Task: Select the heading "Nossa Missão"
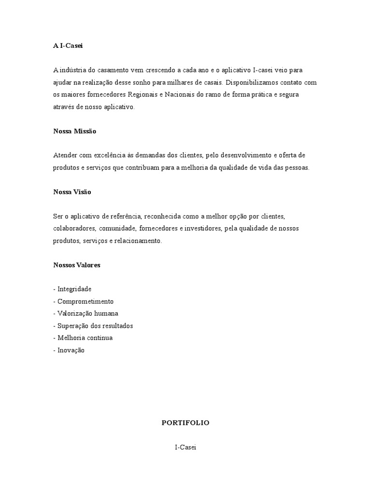coord(75,131)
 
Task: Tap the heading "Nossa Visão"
coord(72,192)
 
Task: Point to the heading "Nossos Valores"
coord(77,265)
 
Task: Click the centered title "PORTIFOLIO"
coord(185,422)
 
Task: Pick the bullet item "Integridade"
coord(74,289)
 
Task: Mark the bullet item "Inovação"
coord(71,350)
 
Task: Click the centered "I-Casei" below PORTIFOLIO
coord(185,448)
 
